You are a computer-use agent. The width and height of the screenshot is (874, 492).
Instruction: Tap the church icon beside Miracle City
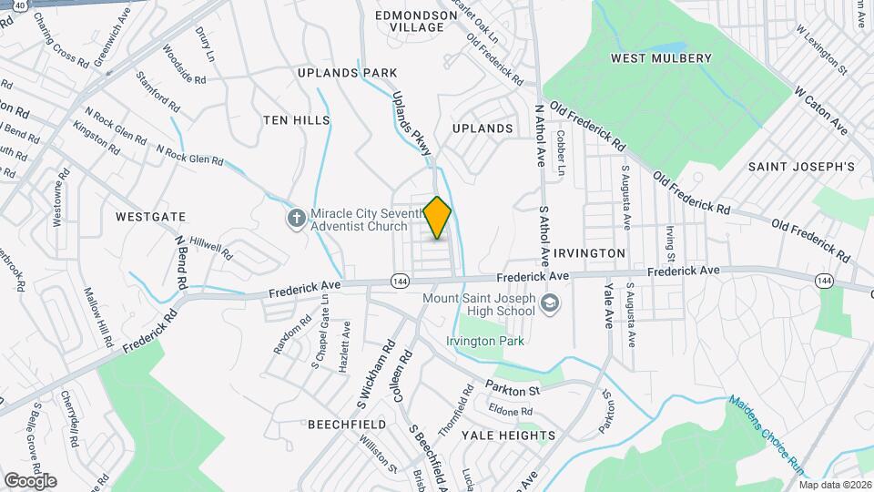(296, 218)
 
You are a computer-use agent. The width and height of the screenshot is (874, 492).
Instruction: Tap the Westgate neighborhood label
(151, 217)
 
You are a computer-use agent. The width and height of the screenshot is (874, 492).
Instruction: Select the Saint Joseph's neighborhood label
(801, 167)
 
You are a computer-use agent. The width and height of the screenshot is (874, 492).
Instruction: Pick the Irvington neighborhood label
(590, 252)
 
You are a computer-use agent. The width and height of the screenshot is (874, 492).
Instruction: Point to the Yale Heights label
(509, 436)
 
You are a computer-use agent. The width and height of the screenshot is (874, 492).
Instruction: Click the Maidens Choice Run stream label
(767, 434)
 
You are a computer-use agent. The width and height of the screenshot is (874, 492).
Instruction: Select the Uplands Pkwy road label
(411, 127)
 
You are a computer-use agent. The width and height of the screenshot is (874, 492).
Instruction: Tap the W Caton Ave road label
(820, 111)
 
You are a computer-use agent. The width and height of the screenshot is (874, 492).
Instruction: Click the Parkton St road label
(513, 390)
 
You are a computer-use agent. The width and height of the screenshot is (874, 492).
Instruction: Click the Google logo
(30, 480)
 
